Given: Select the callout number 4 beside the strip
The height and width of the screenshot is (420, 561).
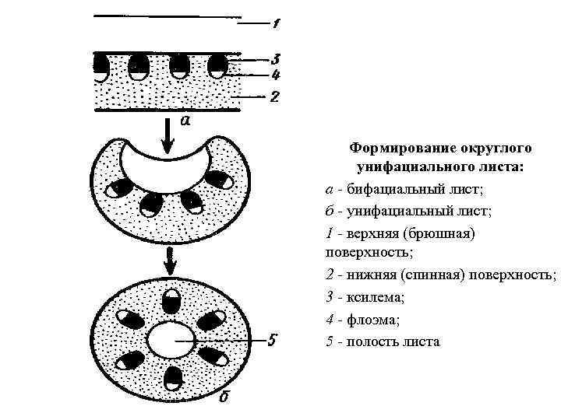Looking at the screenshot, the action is coord(276,75).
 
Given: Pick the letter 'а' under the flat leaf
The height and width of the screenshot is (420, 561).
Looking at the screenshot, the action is coord(185,121).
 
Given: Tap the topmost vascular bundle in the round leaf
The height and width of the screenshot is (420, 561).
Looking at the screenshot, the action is coord(171,301).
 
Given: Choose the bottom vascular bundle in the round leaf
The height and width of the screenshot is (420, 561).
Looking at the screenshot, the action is coord(174,380).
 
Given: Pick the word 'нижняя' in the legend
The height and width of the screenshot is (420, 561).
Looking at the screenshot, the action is coord(369,275).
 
